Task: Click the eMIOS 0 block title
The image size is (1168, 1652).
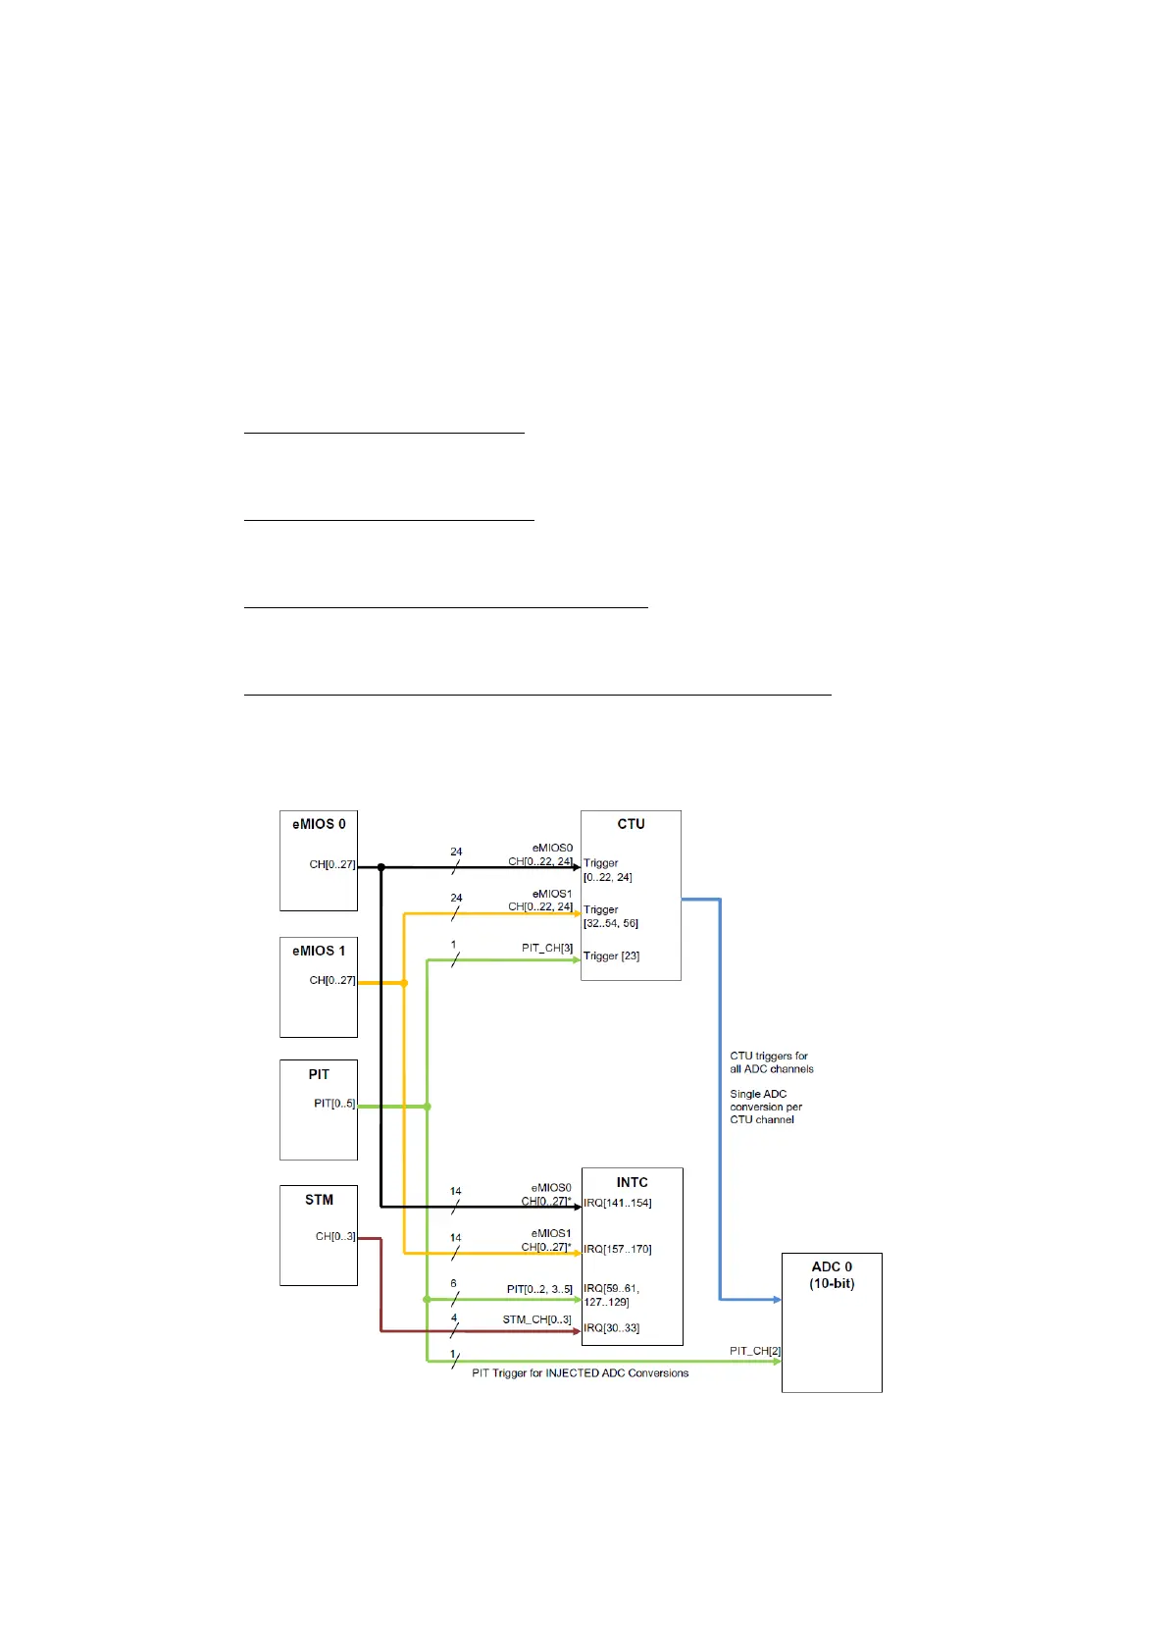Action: click(x=319, y=825)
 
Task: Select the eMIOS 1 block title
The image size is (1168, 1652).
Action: click(x=319, y=952)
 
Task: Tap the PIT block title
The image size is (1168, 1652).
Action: click(x=319, y=1075)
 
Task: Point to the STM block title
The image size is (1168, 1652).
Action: click(x=319, y=1201)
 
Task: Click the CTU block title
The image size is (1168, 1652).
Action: click(x=631, y=825)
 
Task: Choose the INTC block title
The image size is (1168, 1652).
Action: click(x=632, y=1183)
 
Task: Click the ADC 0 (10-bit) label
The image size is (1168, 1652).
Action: click(x=832, y=1275)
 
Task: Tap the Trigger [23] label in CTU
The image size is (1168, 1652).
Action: click(x=611, y=956)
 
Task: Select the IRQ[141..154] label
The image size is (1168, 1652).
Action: click(x=617, y=1204)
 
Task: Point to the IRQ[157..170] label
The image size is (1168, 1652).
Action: click(x=617, y=1250)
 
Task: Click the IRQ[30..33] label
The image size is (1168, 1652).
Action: click(x=611, y=1328)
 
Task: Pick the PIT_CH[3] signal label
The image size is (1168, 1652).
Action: click(x=547, y=949)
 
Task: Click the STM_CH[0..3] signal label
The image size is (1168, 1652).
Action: click(x=536, y=1319)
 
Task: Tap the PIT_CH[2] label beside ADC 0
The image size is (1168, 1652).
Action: click(x=754, y=1352)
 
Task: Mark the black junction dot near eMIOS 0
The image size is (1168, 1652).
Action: click(x=381, y=867)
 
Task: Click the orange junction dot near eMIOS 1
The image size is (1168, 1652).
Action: click(x=404, y=983)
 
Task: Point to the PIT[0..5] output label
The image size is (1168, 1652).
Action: click(x=334, y=1105)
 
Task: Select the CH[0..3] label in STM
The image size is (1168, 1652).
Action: click(x=334, y=1237)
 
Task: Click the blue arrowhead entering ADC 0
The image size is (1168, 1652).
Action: click(x=777, y=1300)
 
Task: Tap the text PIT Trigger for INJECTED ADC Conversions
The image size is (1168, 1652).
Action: click(x=580, y=1373)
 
